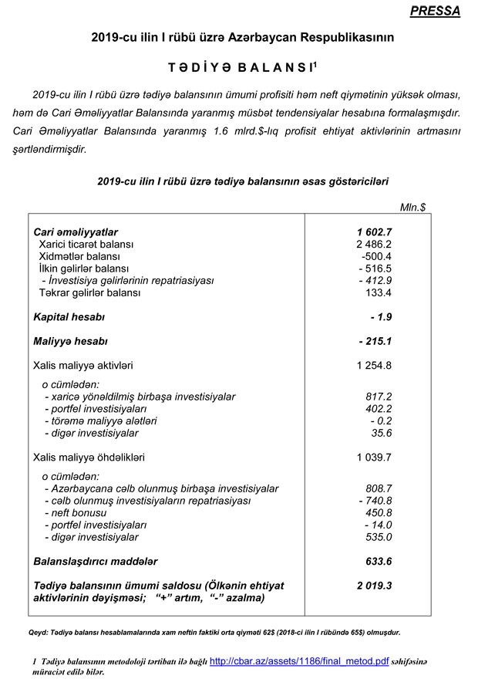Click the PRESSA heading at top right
tap(436, 12)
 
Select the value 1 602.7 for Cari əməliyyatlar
tap(375, 231)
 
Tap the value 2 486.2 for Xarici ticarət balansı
tap(375, 244)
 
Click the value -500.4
tap(377, 256)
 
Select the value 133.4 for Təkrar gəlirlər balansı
tap(378, 293)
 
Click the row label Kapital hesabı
tap(69, 317)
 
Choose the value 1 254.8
tap(375, 365)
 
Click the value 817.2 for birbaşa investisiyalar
tap(379, 397)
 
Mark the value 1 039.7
tap(375, 458)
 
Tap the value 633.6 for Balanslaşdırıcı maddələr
tap(377, 561)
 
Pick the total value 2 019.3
tap(374, 586)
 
